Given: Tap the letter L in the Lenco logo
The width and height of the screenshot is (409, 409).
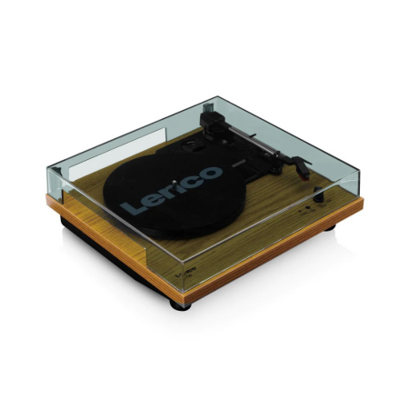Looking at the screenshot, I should click(133, 207).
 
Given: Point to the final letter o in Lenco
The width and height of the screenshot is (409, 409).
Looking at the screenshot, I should click(210, 170).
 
